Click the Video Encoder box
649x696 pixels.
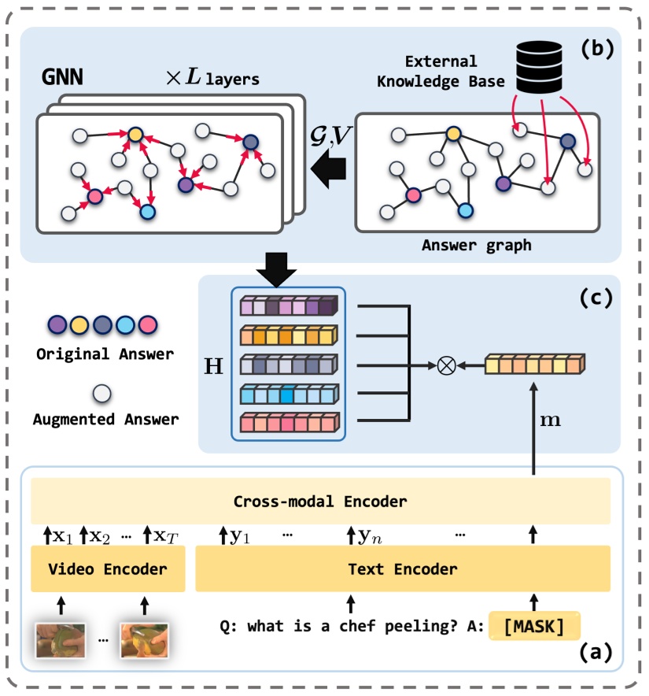coord(108,568)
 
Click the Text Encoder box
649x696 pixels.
coord(402,568)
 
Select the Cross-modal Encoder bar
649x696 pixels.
coord(320,502)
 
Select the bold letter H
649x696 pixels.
coord(212,366)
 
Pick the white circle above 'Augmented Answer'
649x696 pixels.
coord(101,392)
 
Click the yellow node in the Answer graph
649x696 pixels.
coord(453,134)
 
